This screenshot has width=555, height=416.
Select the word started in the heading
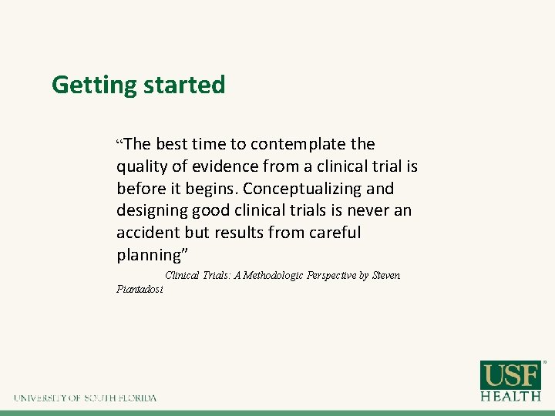pyautogui.click(x=183, y=85)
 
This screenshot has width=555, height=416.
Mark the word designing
pyautogui.click(x=149, y=211)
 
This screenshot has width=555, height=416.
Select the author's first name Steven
pyautogui.click(x=385, y=275)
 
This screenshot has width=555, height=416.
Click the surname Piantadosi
pyautogui.click(x=140, y=289)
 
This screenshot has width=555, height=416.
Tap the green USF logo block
pyautogui.click(x=511, y=375)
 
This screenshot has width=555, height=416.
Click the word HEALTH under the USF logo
pyautogui.click(x=511, y=396)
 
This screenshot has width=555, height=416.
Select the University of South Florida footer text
pyautogui.click(x=85, y=398)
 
